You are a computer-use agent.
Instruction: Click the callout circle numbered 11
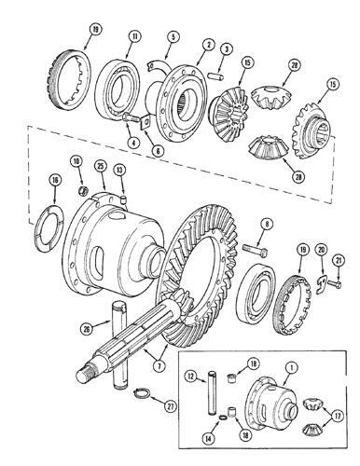pyautogui.click(x=135, y=36)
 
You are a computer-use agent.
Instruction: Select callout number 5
pyautogui.click(x=173, y=36)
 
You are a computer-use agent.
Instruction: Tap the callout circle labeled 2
pyautogui.click(x=209, y=45)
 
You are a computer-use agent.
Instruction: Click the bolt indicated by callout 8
pyautogui.click(x=255, y=249)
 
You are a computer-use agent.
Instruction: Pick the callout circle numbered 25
pyautogui.click(x=100, y=166)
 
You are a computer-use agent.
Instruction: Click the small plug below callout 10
pyautogui.click(x=83, y=190)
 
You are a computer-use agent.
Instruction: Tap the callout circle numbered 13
pyautogui.click(x=119, y=170)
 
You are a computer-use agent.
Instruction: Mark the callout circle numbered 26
pyautogui.click(x=87, y=328)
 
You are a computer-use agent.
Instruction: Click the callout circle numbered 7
pyautogui.click(x=159, y=365)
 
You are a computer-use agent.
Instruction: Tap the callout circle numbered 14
pyautogui.click(x=208, y=438)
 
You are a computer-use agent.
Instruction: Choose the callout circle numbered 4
pyautogui.click(x=133, y=144)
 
